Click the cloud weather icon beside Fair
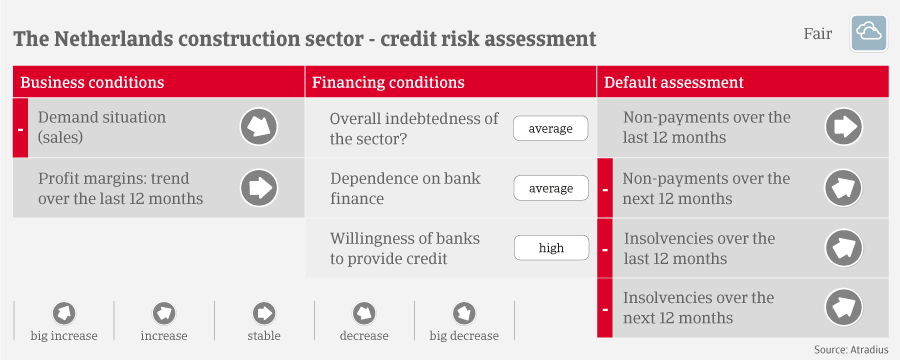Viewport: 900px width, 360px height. (868, 34)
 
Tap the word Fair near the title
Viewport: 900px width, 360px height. (817, 34)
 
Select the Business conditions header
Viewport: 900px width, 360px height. (92, 82)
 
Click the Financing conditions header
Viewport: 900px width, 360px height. (388, 82)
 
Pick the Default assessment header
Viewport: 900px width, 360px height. (674, 82)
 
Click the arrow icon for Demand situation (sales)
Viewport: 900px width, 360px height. (259, 127)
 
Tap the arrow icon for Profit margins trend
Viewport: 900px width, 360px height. (259, 188)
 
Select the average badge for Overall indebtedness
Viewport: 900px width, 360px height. (550, 129)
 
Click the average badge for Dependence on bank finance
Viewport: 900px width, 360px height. (550, 188)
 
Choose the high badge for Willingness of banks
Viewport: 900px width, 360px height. (551, 248)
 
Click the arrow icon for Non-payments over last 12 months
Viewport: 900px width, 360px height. (844, 127)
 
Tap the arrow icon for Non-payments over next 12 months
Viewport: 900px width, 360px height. (844, 188)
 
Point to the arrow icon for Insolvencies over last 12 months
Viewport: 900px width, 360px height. (844, 248)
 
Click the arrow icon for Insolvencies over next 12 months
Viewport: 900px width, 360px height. (844, 308)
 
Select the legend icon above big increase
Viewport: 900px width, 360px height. (64, 313)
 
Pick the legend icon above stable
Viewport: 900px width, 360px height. (264, 313)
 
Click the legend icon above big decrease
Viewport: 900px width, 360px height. (464, 313)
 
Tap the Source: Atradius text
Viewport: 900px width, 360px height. (851, 349)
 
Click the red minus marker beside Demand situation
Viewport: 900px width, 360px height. (20, 127)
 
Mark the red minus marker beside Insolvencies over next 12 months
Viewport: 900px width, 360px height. (605, 308)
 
